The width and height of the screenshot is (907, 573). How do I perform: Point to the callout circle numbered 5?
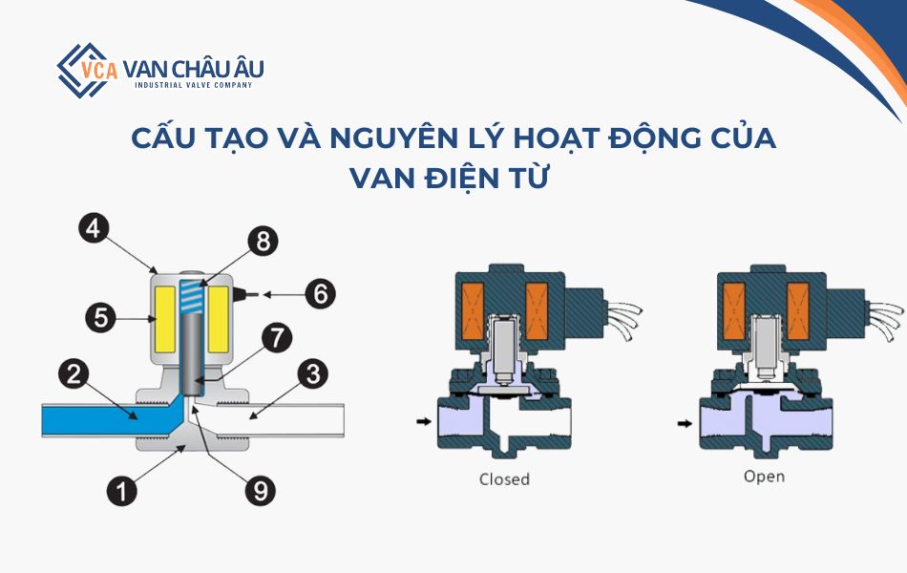tap(100, 317)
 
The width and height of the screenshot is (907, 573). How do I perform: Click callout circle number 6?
tap(320, 293)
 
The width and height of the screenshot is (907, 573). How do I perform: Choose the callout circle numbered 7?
tap(276, 338)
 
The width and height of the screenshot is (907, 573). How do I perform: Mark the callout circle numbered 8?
tap(261, 242)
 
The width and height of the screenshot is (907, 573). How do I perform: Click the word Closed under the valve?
tap(504, 478)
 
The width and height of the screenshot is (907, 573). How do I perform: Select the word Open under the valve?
tap(764, 475)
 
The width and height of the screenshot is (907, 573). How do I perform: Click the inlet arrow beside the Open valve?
tap(683, 420)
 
